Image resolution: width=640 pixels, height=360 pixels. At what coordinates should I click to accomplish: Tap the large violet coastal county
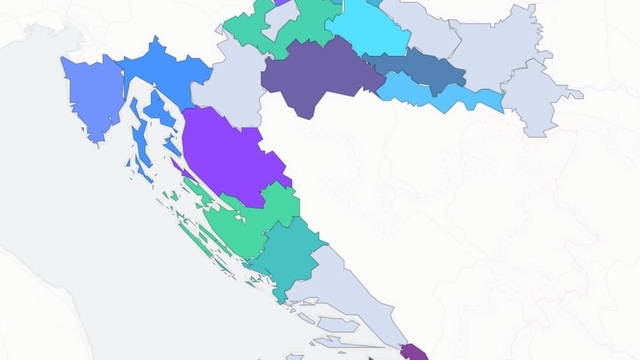(229, 155)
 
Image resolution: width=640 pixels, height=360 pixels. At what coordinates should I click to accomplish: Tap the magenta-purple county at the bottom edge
(414, 352)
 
